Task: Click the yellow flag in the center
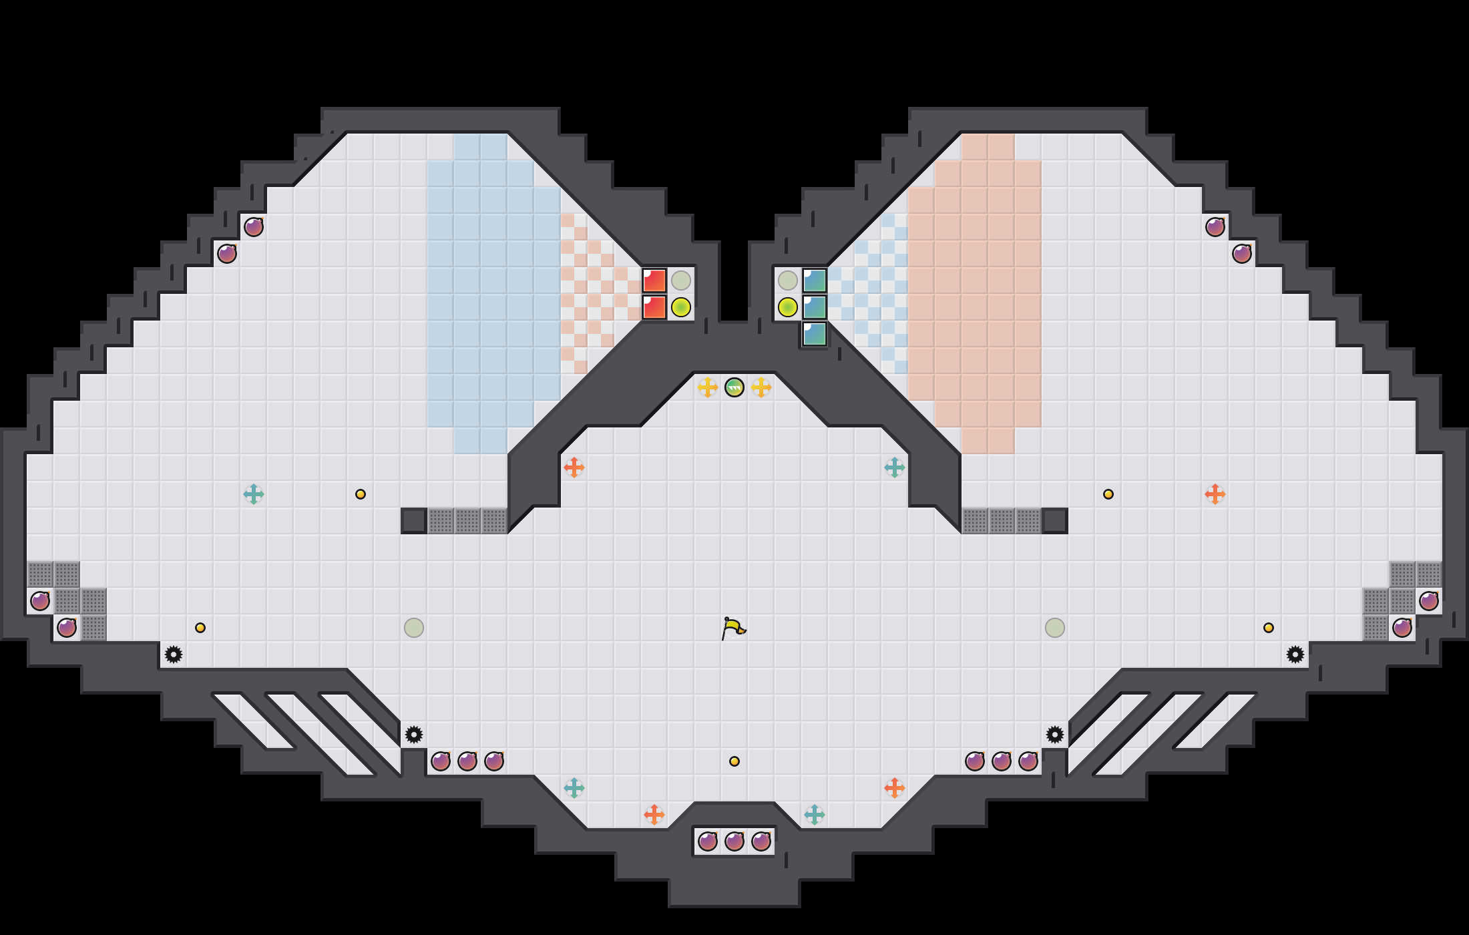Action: coord(733,628)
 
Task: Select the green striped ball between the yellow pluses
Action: coord(734,387)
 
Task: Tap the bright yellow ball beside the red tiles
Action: coord(681,307)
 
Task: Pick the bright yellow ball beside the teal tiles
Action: coord(788,307)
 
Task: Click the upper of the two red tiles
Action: coord(654,280)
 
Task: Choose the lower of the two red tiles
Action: coord(654,307)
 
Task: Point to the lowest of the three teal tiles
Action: coord(815,334)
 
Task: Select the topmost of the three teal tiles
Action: coord(815,280)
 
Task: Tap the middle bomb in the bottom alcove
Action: coord(734,841)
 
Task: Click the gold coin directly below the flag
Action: coord(734,761)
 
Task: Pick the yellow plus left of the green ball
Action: coord(708,387)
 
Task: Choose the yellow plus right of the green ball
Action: coord(761,387)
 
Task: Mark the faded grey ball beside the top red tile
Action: coord(681,280)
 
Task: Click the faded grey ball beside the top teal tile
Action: coord(788,280)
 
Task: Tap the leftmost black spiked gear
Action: coord(174,654)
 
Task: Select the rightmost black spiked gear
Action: coord(1295,654)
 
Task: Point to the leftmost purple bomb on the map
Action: coord(40,601)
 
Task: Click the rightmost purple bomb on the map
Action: coord(1429,601)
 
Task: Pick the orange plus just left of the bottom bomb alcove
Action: coord(654,815)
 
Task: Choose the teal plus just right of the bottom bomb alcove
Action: coord(815,815)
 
